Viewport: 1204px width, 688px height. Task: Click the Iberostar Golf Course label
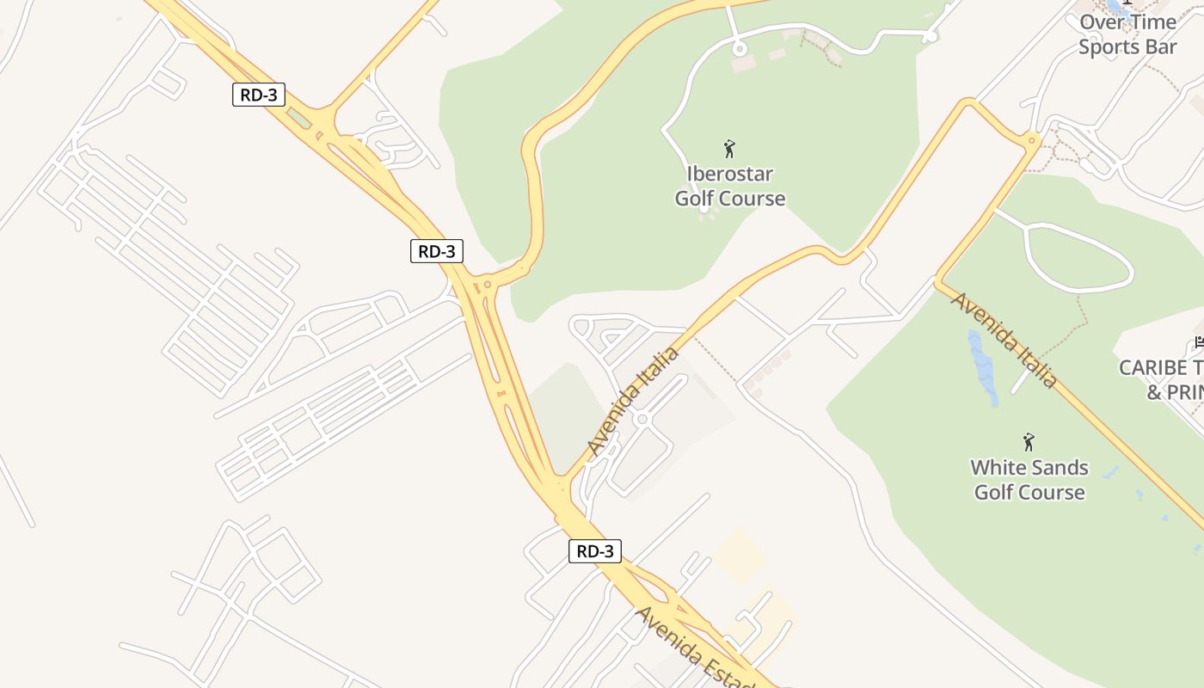(729, 187)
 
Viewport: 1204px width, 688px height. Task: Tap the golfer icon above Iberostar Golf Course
(729, 149)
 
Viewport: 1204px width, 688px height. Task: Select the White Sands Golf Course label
(1029, 480)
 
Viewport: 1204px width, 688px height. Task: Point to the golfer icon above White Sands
(1028, 442)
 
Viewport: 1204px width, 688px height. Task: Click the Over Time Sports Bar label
(1127, 34)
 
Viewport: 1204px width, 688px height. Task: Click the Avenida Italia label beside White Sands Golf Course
(1004, 341)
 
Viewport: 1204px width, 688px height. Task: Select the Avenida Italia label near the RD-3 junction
(634, 401)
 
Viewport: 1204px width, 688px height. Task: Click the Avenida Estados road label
(695, 648)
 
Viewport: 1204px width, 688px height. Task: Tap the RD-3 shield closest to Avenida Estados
(594, 551)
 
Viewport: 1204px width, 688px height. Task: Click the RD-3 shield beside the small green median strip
(258, 95)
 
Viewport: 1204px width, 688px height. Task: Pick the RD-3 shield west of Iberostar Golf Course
(437, 251)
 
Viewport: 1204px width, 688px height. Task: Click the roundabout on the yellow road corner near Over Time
(1031, 139)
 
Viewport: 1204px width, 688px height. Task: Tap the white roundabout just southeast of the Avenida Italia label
(642, 419)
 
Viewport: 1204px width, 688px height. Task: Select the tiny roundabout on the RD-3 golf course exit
(488, 284)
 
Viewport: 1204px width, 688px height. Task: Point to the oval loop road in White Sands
(1079, 258)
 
